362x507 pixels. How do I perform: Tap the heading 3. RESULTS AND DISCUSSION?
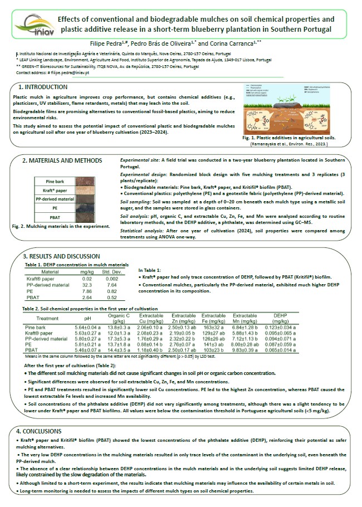click(62, 256)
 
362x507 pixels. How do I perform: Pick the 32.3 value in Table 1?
click(87, 285)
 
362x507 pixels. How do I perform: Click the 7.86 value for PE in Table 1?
click(87, 291)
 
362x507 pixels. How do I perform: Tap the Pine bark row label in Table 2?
click(36, 328)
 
